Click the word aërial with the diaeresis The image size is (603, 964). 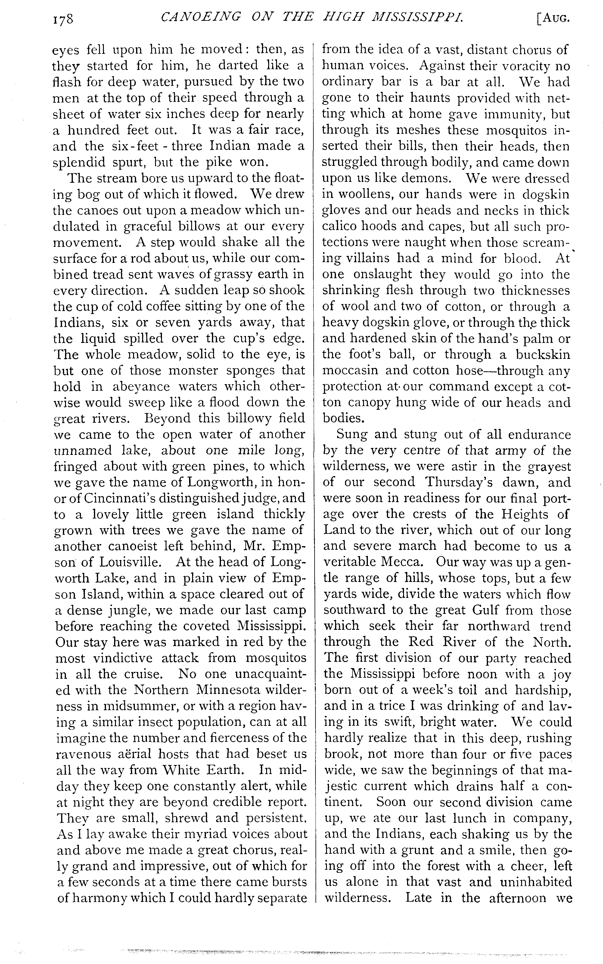[x=133, y=754]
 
